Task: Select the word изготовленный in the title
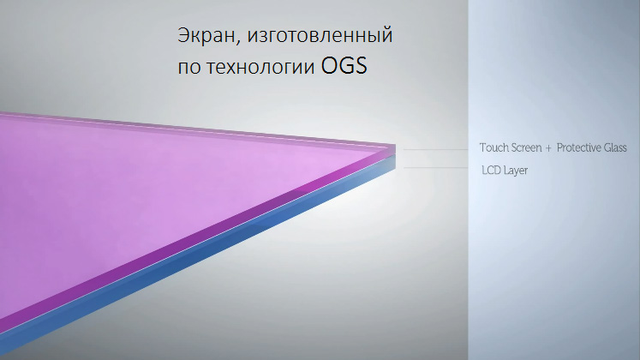pyautogui.click(x=320, y=36)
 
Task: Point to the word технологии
pyautogui.click(x=260, y=68)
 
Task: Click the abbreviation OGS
pyautogui.click(x=344, y=66)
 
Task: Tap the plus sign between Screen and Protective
pyautogui.click(x=548, y=148)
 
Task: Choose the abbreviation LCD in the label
pyautogui.click(x=492, y=170)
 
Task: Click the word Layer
pyautogui.click(x=516, y=171)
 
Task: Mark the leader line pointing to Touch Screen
pyautogui.click(x=436, y=150)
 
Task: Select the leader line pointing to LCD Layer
pyautogui.click(x=436, y=167)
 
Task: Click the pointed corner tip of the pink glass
pyautogui.click(x=395, y=145)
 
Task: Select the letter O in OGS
pyautogui.click(x=330, y=66)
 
